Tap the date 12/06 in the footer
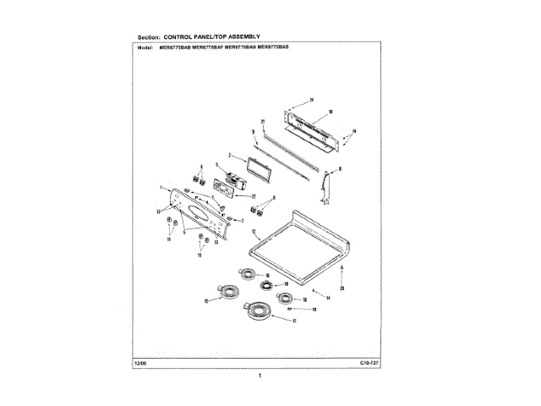[x=139, y=362]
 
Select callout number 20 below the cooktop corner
[x=342, y=288]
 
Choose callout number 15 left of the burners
[x=207, y=300]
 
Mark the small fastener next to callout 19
[x=291, y=310]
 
